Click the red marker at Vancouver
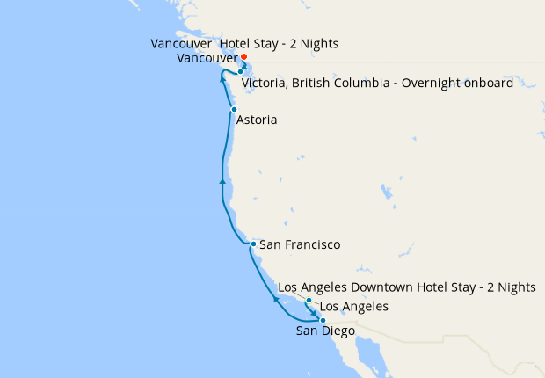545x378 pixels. (x=243, y=57)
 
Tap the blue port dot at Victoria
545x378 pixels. (x=240, y=72)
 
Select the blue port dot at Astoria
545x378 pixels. (x=234, y=109)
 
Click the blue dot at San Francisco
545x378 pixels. (x=252, y=244)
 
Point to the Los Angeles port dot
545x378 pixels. (x=309, y=301)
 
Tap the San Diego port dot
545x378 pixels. (x=323, y=320)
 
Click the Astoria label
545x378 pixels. (x=257, y=120)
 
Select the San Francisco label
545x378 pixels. (x=300, y=244)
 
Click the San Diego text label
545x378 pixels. (x=325, y=331)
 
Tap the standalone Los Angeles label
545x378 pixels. (x=353, y=307)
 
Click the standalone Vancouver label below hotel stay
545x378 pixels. (x=207, y=58)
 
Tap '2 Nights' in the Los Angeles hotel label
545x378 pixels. (x=512, y=287)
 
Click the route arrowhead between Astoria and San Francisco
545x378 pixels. (x=222, y=180)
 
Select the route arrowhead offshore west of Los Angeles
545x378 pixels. (x=276, y=300)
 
